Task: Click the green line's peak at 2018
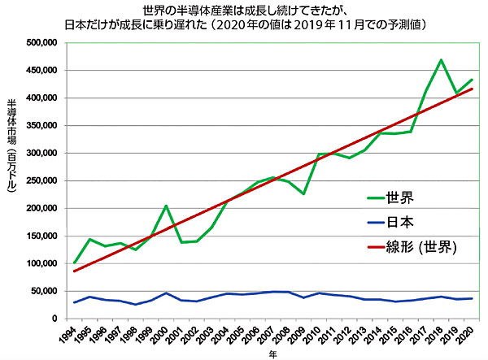point(441,59)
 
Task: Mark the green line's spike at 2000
point(166,206)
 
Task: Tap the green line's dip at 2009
point(303,193)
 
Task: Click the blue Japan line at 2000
point(166,293)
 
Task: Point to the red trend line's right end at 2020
point(472,89)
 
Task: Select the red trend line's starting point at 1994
point(75,271)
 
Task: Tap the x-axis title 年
point(272,353)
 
